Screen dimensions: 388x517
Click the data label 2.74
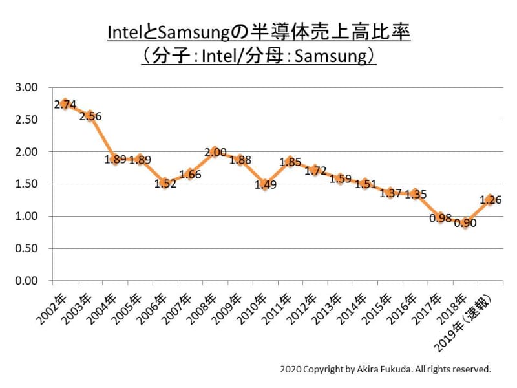click(66, 104)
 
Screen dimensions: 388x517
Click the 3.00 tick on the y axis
click(28, 87)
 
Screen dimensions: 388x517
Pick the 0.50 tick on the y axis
click(28, 248)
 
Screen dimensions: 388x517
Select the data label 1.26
click(491, 200)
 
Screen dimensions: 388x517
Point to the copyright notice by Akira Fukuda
click(386, 370)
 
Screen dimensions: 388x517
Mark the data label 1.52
click(165, 183)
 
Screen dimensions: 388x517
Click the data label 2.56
click(90, 116)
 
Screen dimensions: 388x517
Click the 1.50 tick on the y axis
click(28, 184)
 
